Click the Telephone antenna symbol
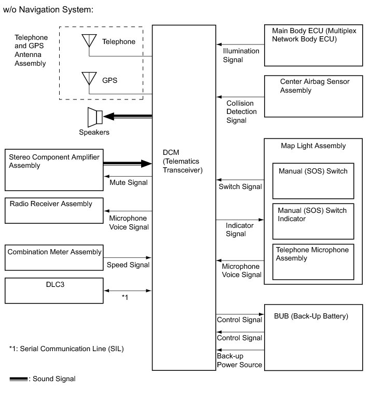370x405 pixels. [x=89, y=41]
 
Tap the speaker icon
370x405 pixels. [x=95, y=117]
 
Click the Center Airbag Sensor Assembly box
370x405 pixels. [x=313, y=96]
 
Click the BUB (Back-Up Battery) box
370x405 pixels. [x=313, y=337]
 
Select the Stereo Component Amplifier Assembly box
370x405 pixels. [x=53, y=170]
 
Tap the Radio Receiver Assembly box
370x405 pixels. [x=53, y=210]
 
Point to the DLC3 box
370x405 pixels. [x=53, y=291]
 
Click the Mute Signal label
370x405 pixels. [x=128, y=182]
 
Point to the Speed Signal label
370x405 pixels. [x=128, y=265]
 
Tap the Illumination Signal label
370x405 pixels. [x=240, y=55]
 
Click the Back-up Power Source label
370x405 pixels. [x=239, y=361]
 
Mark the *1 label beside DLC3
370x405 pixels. [x=125, y=297]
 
